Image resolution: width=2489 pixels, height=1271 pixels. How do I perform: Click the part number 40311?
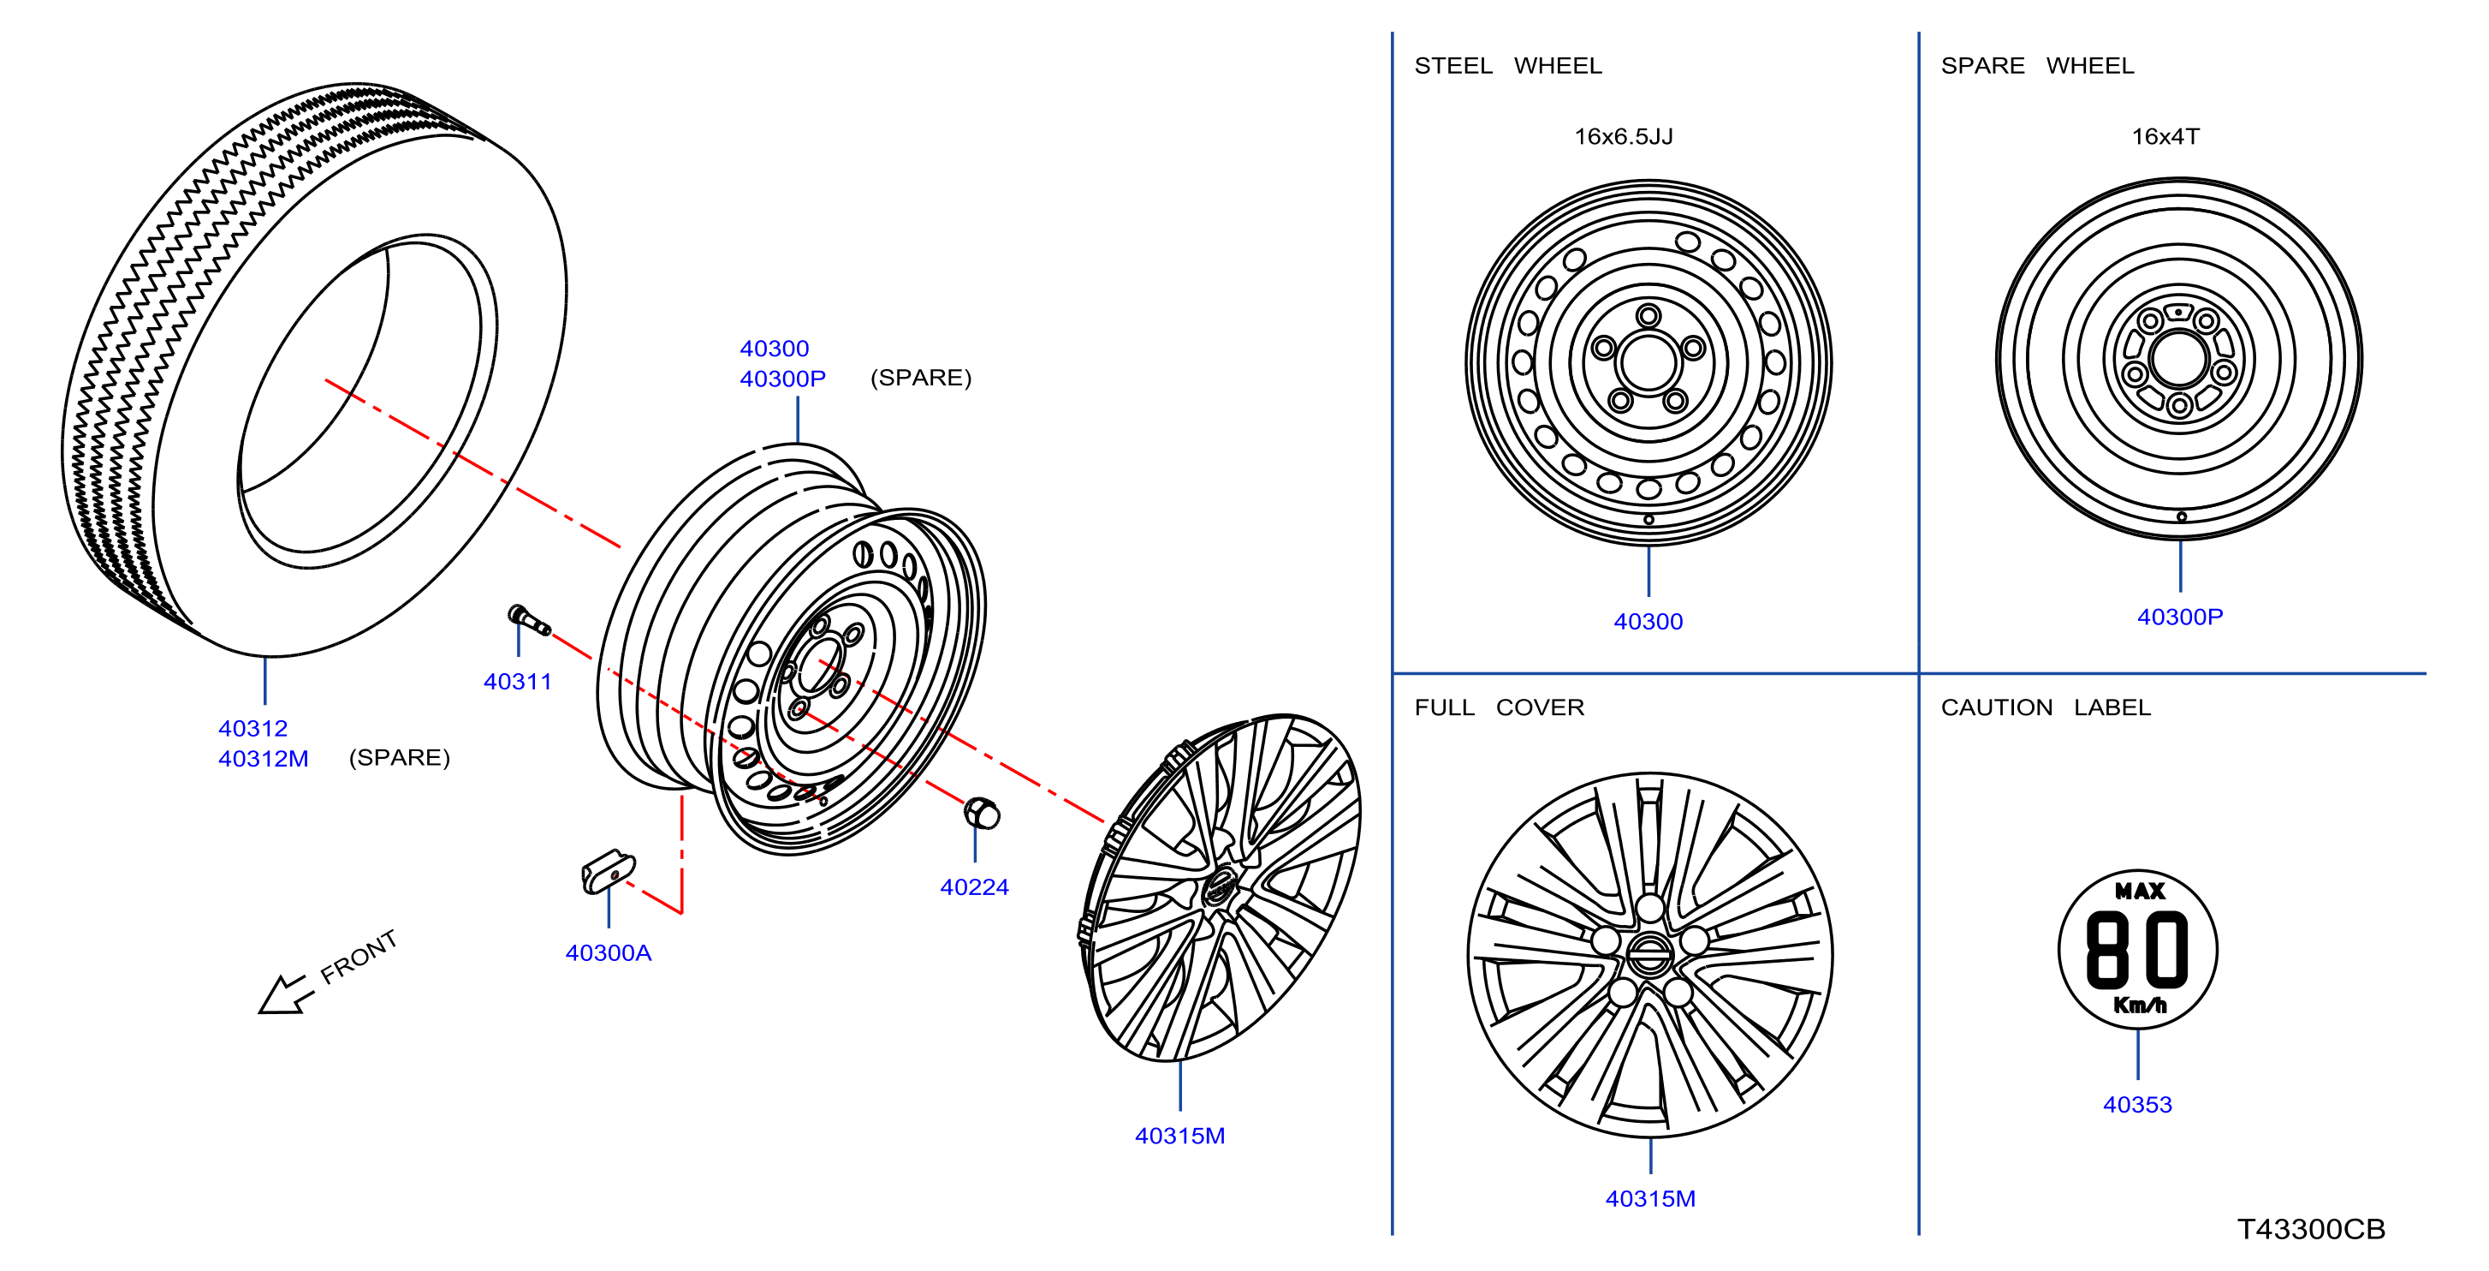[517, 682]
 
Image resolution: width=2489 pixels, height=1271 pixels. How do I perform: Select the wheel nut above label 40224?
[982, 813]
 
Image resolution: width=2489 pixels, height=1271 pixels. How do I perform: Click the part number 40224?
[974, 886]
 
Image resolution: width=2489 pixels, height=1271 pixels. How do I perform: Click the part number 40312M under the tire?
[263, 758]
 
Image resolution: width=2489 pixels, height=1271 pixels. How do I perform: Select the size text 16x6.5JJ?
[1624, 136]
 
